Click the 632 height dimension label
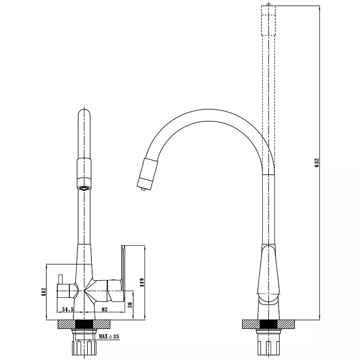coord(317,162)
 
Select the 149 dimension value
coord(142,283)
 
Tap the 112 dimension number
coord(44,292)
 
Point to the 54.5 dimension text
coord(67,310)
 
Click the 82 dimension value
coord(104,310)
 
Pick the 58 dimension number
coord(130,305)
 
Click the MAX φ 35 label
coord(109,337)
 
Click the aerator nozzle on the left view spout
coord(84,188)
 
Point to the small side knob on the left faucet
coord(60,279)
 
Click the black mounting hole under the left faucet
coord(84,324)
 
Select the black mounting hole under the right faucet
coord(269,324)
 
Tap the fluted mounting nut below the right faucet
coord(269,347)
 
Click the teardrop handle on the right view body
coord(269,275)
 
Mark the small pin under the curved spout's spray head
coord(143,189)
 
